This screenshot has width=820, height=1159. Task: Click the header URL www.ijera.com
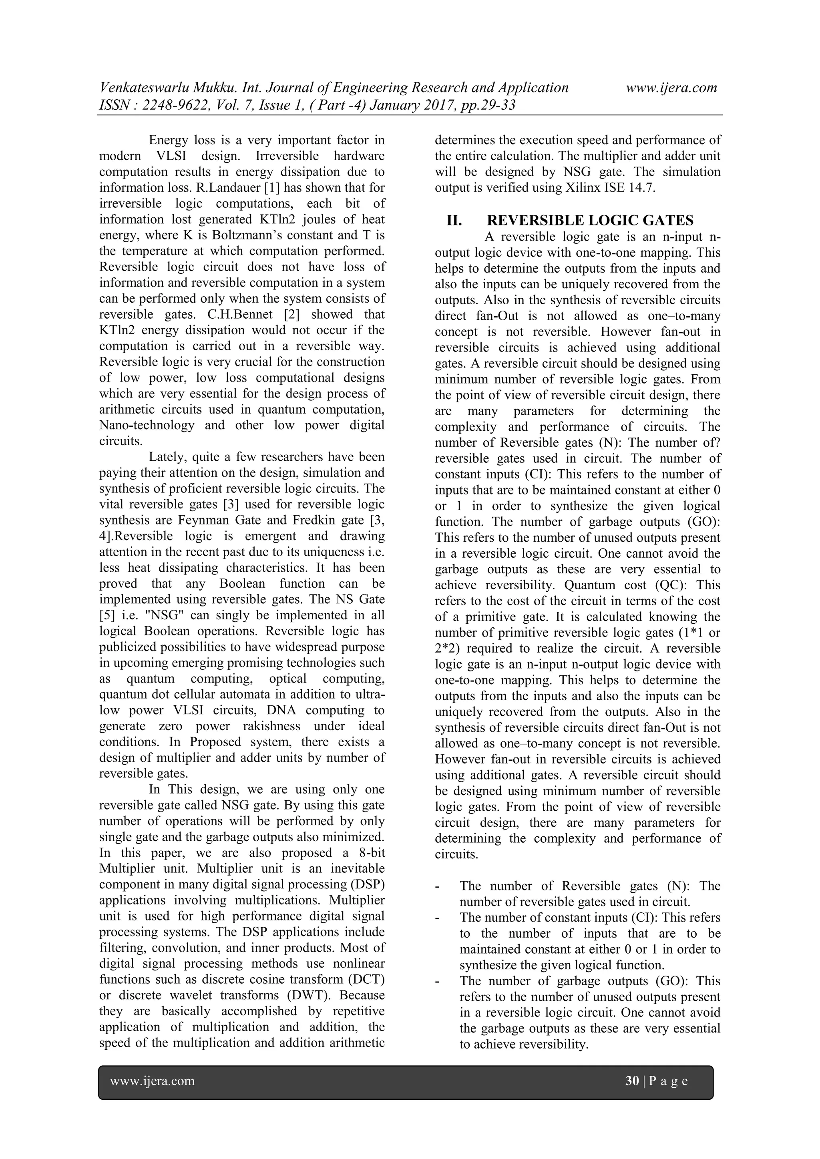[x=671, y=88]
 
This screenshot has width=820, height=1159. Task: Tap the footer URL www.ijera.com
[x=153, y=1081]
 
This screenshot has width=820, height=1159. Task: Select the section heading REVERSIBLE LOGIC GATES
[x=590, y=221]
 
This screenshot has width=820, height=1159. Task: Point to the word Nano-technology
[x=147, y=425]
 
